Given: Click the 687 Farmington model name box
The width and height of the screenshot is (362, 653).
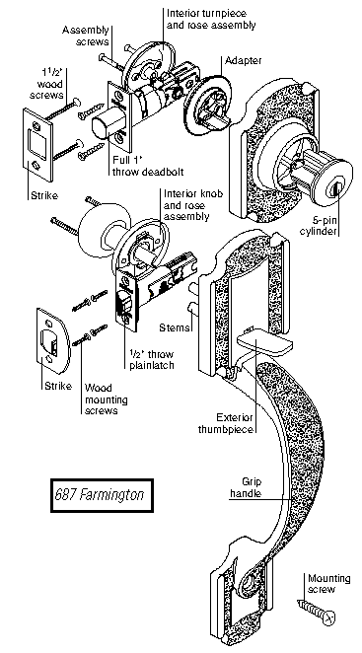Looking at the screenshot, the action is click(x=102, y=495).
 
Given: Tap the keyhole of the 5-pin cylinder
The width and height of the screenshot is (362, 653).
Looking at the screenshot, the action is click(x=334, y=190).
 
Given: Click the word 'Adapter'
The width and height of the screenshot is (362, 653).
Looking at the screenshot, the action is click(x=244, y=61).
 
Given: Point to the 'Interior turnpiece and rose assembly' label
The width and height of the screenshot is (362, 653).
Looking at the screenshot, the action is click(x=211, y=19).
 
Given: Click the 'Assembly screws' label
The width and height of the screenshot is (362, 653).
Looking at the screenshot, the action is click(x=86, y=36).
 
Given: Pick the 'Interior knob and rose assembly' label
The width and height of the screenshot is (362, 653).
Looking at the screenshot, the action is click(x=192, y=206).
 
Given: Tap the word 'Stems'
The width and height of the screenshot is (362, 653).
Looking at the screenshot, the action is click(x=175, y=328).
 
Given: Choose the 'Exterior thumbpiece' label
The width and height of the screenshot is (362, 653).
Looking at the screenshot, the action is click(x=226, y=423).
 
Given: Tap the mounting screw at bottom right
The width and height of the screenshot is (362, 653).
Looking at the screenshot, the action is click(x=317, y=611).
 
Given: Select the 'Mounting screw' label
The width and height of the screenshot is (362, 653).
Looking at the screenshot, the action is click(x=328, y=584).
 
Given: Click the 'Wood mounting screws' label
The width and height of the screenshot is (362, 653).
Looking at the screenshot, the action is click(x=107, y=399).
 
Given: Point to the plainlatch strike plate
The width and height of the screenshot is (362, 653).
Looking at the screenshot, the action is click(x=52, y=336).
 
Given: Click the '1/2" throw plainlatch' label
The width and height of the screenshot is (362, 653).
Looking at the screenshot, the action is click(x=150, y=360).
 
